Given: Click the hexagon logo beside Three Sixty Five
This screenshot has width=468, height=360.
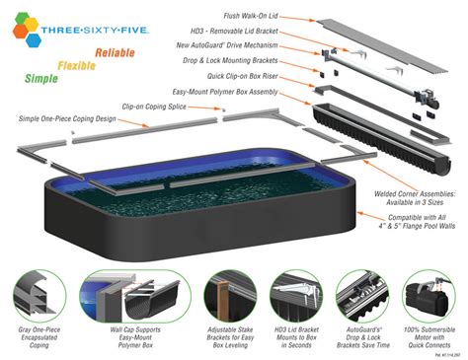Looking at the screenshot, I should click(27, 31).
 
